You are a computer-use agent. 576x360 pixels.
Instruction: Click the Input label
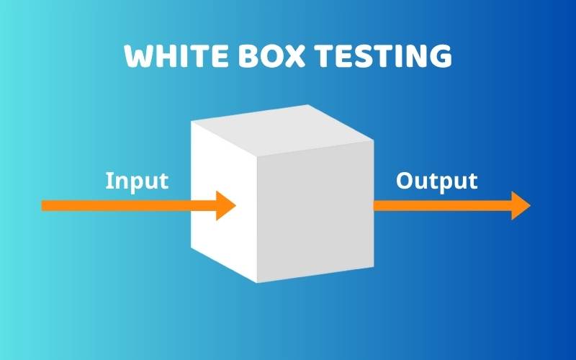(137, 181)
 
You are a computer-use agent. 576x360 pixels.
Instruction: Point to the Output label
(436, 181)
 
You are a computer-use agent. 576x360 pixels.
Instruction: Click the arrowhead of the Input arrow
(226, 205)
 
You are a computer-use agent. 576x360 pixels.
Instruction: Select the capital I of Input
(109, 181)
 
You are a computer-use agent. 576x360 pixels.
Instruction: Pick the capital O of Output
(405, 181)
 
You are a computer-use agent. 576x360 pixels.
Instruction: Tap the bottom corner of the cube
(257, 282)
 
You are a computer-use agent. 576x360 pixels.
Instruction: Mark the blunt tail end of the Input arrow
(43, 205)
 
